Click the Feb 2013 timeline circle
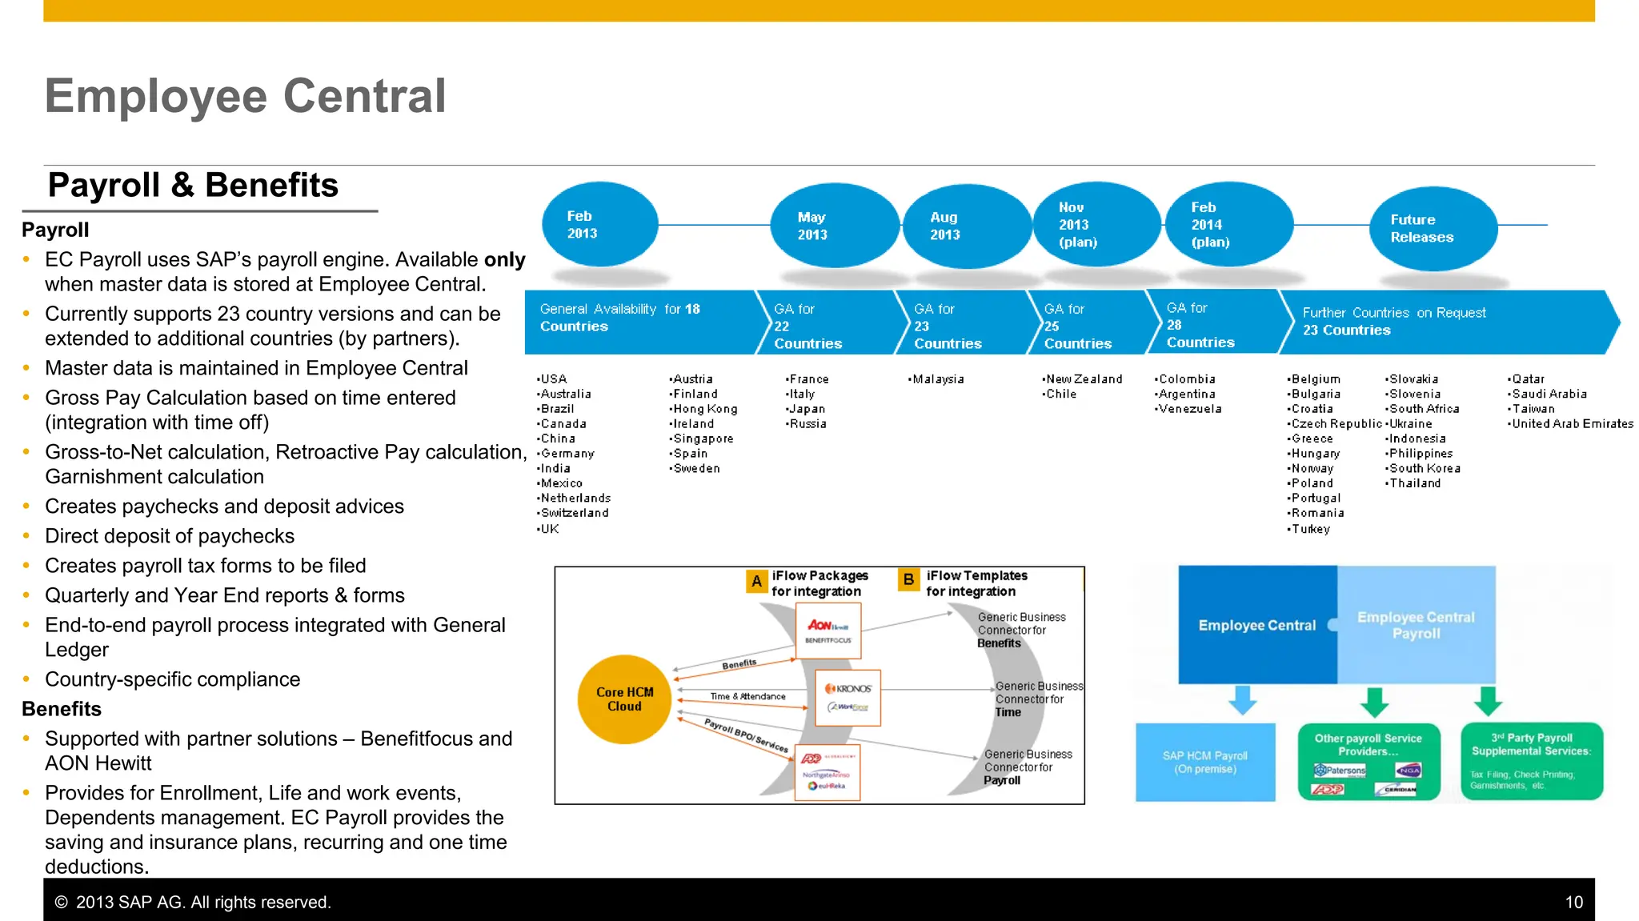(599, 225)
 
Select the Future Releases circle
(1433, 229)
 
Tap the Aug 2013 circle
(966, 226)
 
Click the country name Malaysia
(938, 379)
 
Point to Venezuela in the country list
(1190, 409)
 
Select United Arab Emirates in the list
(1572, 424)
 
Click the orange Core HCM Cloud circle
(624, 699)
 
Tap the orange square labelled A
(756, 581)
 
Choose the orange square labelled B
(908, 579)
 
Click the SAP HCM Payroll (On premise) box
(1205, 762)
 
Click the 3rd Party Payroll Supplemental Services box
(1531, 761)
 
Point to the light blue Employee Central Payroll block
(1416, 625)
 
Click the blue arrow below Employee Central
(1243, 699)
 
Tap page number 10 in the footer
(1573, 903)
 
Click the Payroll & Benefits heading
(193, 186)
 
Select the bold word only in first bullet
(504, 260)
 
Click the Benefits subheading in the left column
(62, 710)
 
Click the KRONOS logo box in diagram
(848, 698)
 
